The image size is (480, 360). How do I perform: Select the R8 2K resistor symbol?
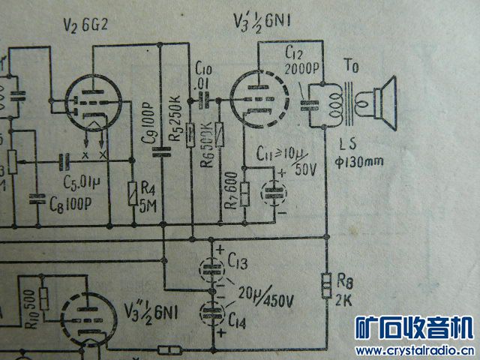pyautogui.click(x=328, y=285)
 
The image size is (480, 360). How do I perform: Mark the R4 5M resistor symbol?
pyautogui.click(x=132, y=192)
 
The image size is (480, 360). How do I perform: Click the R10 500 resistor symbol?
pyautogui.click(x=43, y=298)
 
